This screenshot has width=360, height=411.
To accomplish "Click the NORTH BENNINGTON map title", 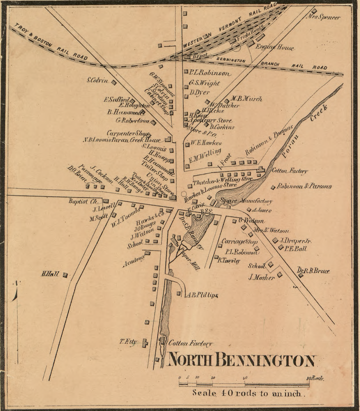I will click(x=242, y=360).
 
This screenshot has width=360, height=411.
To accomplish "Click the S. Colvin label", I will click(x=97, y=80).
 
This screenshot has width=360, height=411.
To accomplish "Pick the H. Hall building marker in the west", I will click(x=65, y=275).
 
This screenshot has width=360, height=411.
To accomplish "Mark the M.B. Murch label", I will click(x=246, y=98).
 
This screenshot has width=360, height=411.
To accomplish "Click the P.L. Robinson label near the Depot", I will click(x=210, y=73).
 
